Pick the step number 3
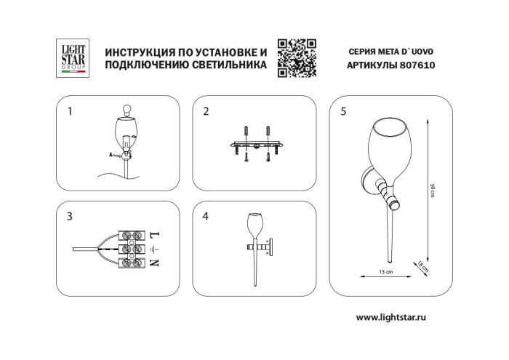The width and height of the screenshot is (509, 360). [x=70, y=216]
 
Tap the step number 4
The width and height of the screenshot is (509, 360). [x=206, y=216]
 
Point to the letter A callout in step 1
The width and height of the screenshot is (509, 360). [x=111, y=155]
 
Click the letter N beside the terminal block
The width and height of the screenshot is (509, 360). [x=153, y=262]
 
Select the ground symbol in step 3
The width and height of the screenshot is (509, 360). [x=153, y=249]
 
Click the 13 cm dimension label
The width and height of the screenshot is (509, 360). [x=385, y=271]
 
